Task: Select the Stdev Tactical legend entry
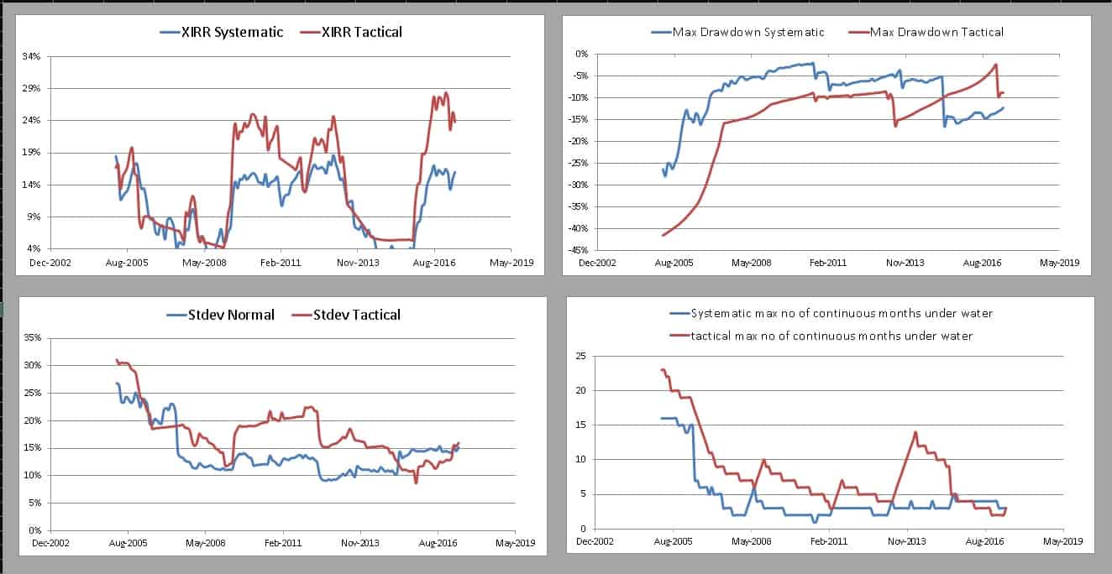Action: pyautogui.click(x=356, y=315)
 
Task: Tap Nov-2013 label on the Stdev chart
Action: pyautogui.click(x=360, y=544)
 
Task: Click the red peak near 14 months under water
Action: pyautogui.click(x=915, y=432)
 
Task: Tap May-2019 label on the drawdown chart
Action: pyautogui.click(x=1058, y=262)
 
